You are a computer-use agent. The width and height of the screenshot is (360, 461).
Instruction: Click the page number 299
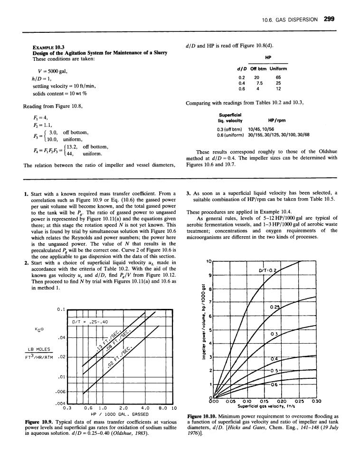[x=330, y=19]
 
